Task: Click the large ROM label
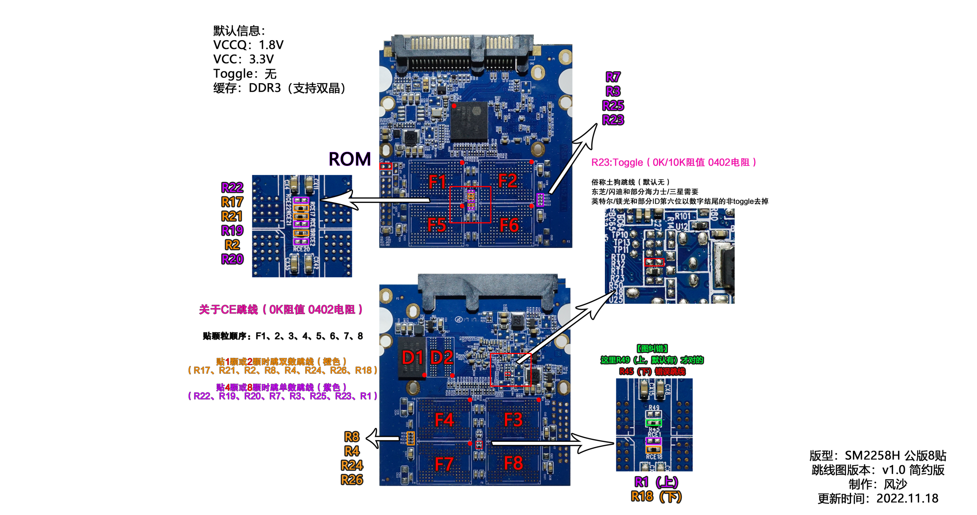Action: click(x=349, y=159)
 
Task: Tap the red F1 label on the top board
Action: click(x=437, y=182)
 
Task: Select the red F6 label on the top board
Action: click(x=509, y=225)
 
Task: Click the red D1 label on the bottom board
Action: click(x=413, y=357)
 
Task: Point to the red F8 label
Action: click(x=513, y=463)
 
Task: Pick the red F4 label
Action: click(x=444, y=420)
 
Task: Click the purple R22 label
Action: click(x=232, y=187)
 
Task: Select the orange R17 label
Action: click(x=232, y=202)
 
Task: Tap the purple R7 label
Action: click(x=613, y=77)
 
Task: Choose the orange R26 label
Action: click(x=351, y=480)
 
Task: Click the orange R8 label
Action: click(x=351, y=436)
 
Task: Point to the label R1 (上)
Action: click(x=656, y=482)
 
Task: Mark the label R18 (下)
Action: click(x=656, y=497)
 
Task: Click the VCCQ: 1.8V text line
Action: click(x=248, y=45)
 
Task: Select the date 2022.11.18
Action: click(x=907, y=498)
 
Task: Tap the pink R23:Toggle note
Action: click(x=673, y=163)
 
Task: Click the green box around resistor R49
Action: click(x=653, y=423)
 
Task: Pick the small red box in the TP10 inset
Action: click(x=654, y=262)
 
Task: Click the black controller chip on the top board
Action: click(x=469, y=121)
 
